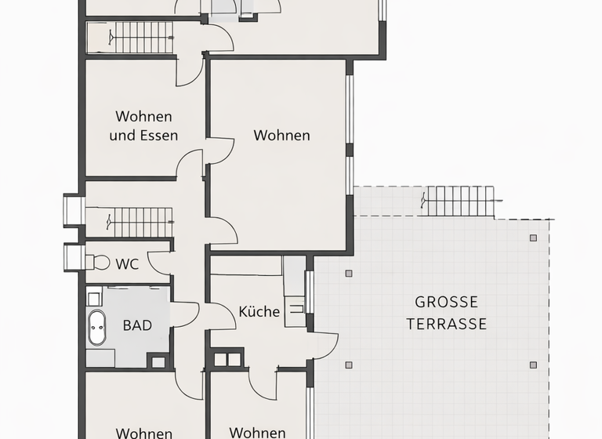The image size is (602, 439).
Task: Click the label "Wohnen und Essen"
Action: (x=143, y=125)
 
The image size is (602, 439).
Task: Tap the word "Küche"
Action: (x=259, y=311)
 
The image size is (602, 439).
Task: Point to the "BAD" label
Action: (x=137, y=325)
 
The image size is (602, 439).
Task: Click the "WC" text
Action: (x=127, y=264)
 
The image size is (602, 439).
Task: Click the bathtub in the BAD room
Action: (x=97, y=328)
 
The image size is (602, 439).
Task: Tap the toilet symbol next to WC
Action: (x=100, y=263)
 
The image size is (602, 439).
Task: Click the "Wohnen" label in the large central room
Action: (x=281, y=136)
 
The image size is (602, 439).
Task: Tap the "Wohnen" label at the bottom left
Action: (x=143, y=433)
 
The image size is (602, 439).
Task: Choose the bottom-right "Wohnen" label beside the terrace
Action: (x=258, y=432)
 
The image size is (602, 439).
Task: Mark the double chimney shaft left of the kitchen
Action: (x=226, y=360)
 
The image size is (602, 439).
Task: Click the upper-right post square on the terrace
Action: (x=533, y=238)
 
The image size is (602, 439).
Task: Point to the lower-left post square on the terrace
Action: (x=348, y=365)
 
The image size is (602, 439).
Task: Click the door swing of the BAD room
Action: (x=186, y=314)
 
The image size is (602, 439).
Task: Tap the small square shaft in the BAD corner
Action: (x=159, y=361)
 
